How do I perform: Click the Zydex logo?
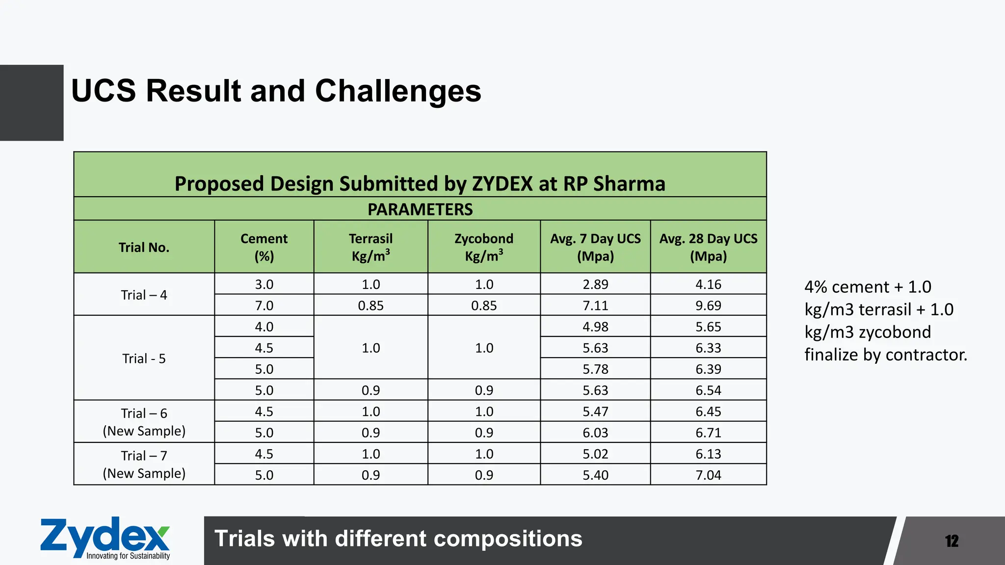click(x=105, y=538)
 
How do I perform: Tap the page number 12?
click(x=952, y=541)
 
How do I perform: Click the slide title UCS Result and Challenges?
click(x=276, y=91)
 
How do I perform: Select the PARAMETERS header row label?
click(x=420, y=209)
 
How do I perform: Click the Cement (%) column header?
click(x=264, y=247)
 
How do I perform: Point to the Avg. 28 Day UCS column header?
click(x=708, y=247)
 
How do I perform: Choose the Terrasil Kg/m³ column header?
click(x=370, y=247)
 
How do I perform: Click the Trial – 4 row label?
click(x=144, y=295)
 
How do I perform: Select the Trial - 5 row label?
click(x=144, y=359)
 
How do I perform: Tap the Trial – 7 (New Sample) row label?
click(x=144, y=464)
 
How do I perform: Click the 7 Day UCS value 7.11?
click(x=595, y=306)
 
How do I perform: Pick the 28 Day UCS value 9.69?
click(x=708, y=306)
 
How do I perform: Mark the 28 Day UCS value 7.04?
click(x=708, y=475)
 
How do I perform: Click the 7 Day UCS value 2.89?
click(x=595, y=284)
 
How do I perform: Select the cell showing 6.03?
click(x=595, y=433)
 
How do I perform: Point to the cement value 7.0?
click(x=264, y=306)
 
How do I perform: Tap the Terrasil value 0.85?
click(x=370, y=306)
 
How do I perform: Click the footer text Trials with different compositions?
click(x=398, y=539)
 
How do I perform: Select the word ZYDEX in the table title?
click(x=502, y=184)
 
